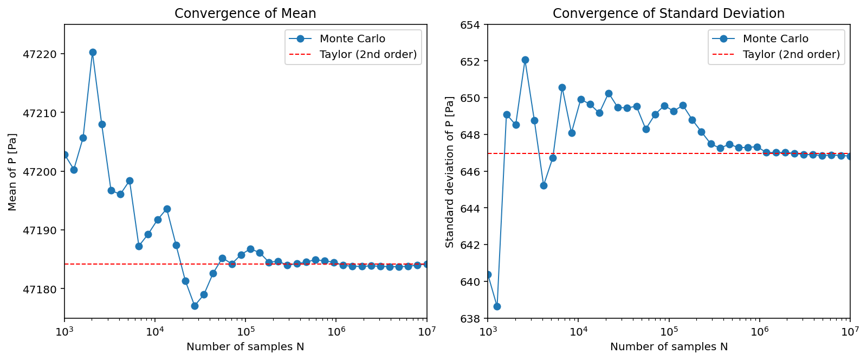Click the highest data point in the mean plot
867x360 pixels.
93,53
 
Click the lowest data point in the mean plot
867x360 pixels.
195,306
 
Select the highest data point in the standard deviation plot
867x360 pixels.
525,60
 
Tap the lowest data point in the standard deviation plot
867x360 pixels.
497,306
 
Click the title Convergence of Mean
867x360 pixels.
245,14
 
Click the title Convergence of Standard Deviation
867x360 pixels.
668,14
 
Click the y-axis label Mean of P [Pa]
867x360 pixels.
12,172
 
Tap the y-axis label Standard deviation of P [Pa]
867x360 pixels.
450,172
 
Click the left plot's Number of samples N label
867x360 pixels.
245,347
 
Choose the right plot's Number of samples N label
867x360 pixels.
669,347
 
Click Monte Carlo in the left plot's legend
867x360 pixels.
352,39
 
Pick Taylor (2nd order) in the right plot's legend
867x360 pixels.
791,54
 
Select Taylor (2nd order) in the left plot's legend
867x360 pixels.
368,54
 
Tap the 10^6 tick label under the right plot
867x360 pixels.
760,331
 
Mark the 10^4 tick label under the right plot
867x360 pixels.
578,331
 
